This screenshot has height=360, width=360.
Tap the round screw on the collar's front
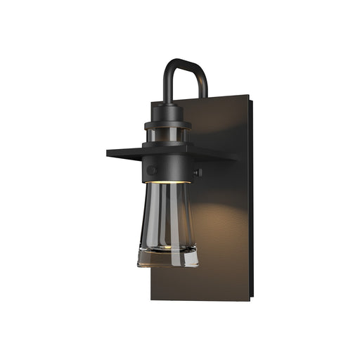coord(152,170)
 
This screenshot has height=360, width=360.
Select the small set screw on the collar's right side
coord(199,172)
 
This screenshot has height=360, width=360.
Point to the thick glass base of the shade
coord(168,257)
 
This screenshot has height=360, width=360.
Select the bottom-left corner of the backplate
coord(153,299)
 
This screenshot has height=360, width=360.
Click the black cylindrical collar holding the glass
coord(169,169)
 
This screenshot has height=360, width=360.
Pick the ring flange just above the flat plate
coord(169,127)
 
